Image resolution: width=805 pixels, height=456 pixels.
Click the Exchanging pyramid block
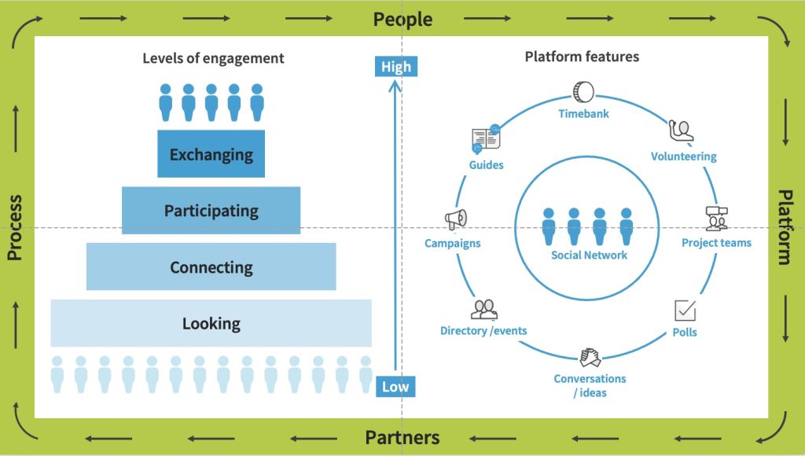click(211, 154)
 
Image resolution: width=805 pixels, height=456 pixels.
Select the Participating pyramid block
click(211, 210)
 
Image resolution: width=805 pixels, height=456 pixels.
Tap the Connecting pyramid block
click(211, 267)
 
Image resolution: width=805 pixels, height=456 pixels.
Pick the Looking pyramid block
click(211, 323)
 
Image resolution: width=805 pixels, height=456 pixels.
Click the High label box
click(396, 67)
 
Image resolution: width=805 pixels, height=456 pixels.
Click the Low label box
click(395, 386)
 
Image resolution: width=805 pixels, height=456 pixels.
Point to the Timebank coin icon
click(583, 91)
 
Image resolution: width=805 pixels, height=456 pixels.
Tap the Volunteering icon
click(681, 131)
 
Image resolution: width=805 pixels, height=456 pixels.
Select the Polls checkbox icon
click(686, 310)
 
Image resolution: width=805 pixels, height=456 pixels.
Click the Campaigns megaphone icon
click(456, 219)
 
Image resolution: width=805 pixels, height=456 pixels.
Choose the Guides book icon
click(486, 139)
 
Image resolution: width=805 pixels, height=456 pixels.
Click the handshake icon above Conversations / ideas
click(590, 358)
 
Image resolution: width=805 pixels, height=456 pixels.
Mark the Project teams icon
click(716, 218)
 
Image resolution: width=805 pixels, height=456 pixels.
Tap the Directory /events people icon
click(484, 309)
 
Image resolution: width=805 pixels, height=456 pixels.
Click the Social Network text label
click(589, 256)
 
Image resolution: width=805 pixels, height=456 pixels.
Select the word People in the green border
click(402, 19)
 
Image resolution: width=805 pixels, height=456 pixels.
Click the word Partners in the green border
click(402, 438)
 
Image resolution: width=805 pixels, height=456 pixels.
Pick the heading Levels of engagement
click(213, 58)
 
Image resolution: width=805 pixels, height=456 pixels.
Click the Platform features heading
click(582, 57)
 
